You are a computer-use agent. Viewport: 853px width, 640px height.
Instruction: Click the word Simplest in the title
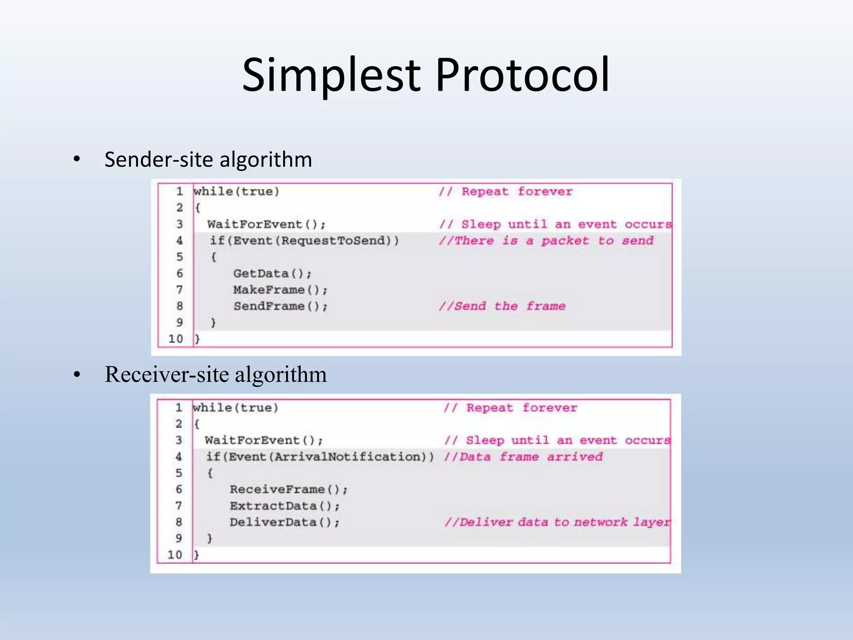point(331,76)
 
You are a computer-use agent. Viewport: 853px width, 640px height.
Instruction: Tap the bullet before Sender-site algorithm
point(77,159)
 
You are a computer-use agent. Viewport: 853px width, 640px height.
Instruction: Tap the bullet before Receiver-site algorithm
point(77,375)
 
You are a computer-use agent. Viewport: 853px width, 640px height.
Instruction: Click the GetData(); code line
point(272,274)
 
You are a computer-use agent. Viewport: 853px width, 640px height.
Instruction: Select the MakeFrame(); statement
point(280,290)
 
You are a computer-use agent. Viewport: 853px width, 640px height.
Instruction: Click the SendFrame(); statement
point(280,306)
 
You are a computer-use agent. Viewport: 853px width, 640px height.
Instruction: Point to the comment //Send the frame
point(502,306)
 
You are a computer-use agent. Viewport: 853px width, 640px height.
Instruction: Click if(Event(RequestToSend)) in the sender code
point(304,241)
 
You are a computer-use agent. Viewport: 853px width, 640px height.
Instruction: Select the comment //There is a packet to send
point(546,241)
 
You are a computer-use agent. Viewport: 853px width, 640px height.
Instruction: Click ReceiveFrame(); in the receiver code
point(288,490)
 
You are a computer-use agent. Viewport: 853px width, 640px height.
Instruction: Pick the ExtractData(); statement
point(284,506)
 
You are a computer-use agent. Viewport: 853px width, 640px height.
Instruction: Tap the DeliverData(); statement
point(284,522)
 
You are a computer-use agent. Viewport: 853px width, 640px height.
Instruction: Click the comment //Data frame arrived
point(523,457)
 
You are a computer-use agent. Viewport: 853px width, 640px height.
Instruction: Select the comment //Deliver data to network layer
point(557,522)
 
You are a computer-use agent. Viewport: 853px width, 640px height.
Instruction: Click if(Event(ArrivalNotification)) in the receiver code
point(320,457)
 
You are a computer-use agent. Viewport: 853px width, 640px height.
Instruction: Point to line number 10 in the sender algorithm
point(176,339)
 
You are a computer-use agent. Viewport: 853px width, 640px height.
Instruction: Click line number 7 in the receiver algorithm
point(179,506)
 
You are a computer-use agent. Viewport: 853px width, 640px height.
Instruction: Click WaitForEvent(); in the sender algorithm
point(266,225)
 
